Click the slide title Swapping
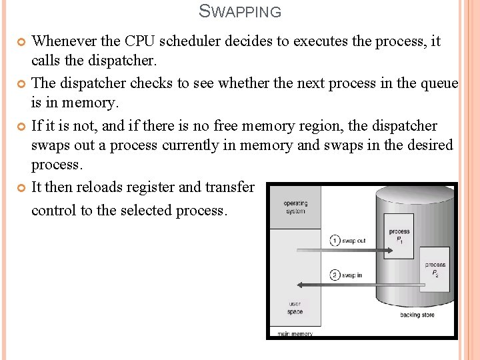[240, 11]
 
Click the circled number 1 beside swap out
[335, 241]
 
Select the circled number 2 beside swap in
[335, 275]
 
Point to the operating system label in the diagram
[295, 207]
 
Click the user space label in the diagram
[295, 308]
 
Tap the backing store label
[417, 315]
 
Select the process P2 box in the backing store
[435, 268]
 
